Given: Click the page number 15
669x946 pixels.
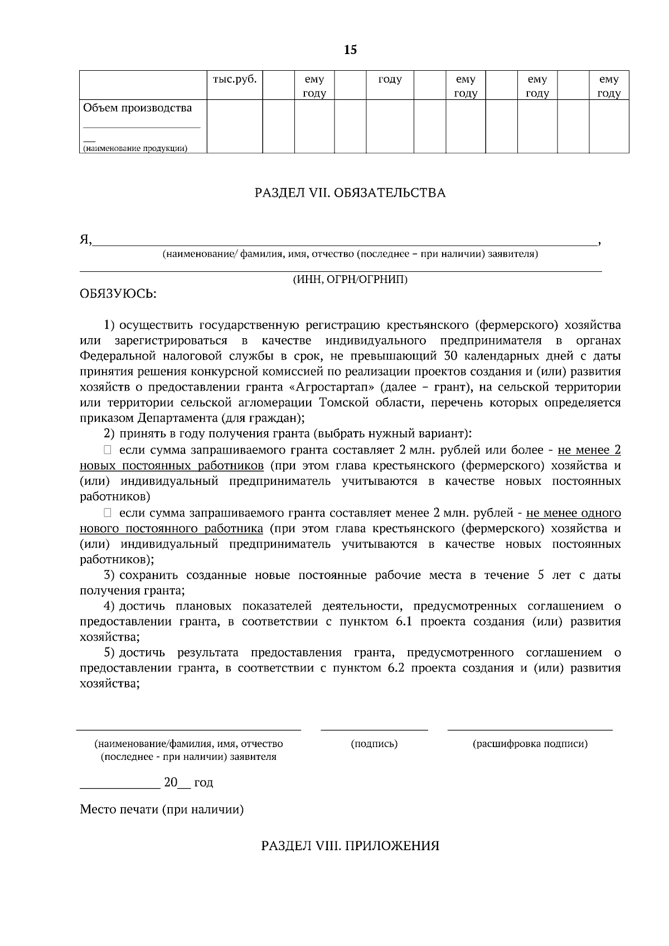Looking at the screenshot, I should point(350,50).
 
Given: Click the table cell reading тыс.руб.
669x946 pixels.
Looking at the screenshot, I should point(235,80).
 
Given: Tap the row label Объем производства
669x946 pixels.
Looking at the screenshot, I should point(137,108).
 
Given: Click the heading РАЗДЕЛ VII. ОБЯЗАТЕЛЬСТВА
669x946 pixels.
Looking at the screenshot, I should point(350,193).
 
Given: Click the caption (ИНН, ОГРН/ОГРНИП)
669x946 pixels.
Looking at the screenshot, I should point(350,280).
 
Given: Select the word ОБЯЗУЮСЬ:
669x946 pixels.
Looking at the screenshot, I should point(118,294).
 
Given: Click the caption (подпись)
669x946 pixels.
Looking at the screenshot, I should point(374,744).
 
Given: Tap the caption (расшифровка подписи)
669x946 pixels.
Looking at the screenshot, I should point(530,744).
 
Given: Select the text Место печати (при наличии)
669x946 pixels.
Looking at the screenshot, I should point(162,810).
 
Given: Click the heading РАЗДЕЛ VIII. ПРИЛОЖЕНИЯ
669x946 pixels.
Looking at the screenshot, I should point(350,846).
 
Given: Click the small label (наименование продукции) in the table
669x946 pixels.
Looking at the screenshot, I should point(135,149).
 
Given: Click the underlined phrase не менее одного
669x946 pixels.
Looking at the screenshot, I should point(573,513).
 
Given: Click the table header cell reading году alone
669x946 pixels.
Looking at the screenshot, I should point(390,80).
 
